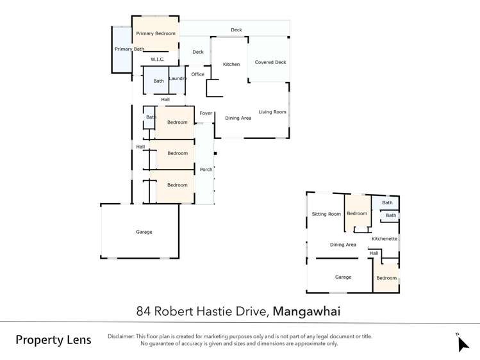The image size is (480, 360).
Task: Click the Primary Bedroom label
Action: [x=156, y=33]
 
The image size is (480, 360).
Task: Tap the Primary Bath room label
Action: [x=129, y=49]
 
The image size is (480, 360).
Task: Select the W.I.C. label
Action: [x=158, y=60]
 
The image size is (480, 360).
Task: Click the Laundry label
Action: [x=178, y=79]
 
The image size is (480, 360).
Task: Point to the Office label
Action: [x=198, y=74]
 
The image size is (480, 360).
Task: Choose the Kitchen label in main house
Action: [x=231, y=64]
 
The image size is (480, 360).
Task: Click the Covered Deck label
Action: [x=270, y=62]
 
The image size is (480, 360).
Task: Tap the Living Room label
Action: [x=272, y=112]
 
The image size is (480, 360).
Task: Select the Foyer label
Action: [x=206, y=113]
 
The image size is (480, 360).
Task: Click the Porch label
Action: [x=206, y=170]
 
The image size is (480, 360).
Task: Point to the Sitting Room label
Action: [x=326, y=214]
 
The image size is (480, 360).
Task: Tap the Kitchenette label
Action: [x=385, y=239]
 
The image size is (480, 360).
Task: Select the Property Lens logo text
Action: [x=53, y=340]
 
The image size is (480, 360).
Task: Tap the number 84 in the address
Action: [x=144, y=311]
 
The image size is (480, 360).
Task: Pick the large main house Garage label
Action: [x=144, y=232]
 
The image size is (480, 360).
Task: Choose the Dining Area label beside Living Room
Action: [x=238, y=118]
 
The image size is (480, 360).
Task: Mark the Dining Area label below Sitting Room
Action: [x=343, y=245]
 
